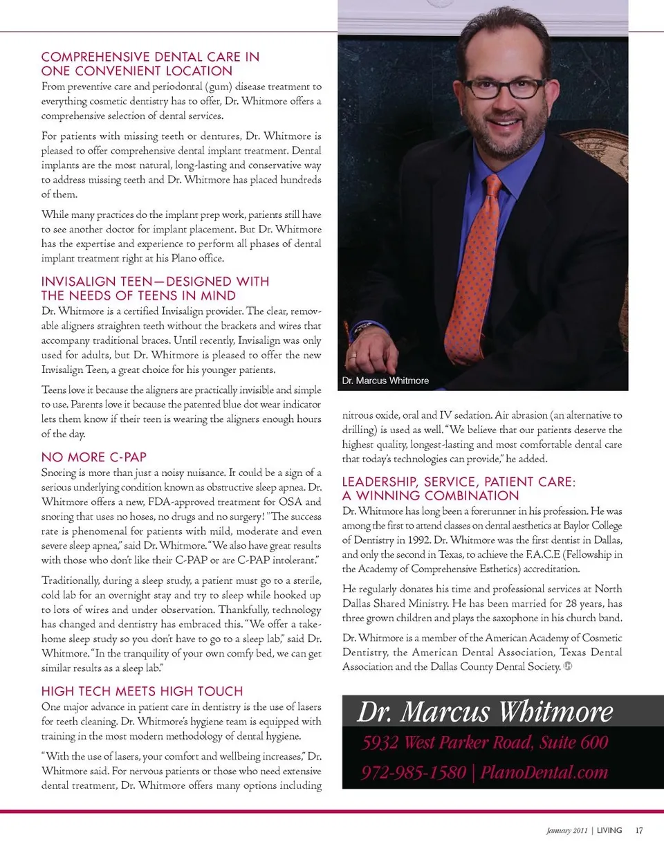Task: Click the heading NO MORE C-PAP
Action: pos(94,457)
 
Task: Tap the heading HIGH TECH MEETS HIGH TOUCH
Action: pos(142,691)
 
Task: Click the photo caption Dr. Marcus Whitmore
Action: pos(385,381)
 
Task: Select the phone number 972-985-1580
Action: pos(412,772)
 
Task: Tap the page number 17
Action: pos(640,830)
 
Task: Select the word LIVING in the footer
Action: pos(609,830)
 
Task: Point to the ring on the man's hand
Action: pos(353,356)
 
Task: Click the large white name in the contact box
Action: pos(484,711)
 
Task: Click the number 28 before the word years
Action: pos(546,603)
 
